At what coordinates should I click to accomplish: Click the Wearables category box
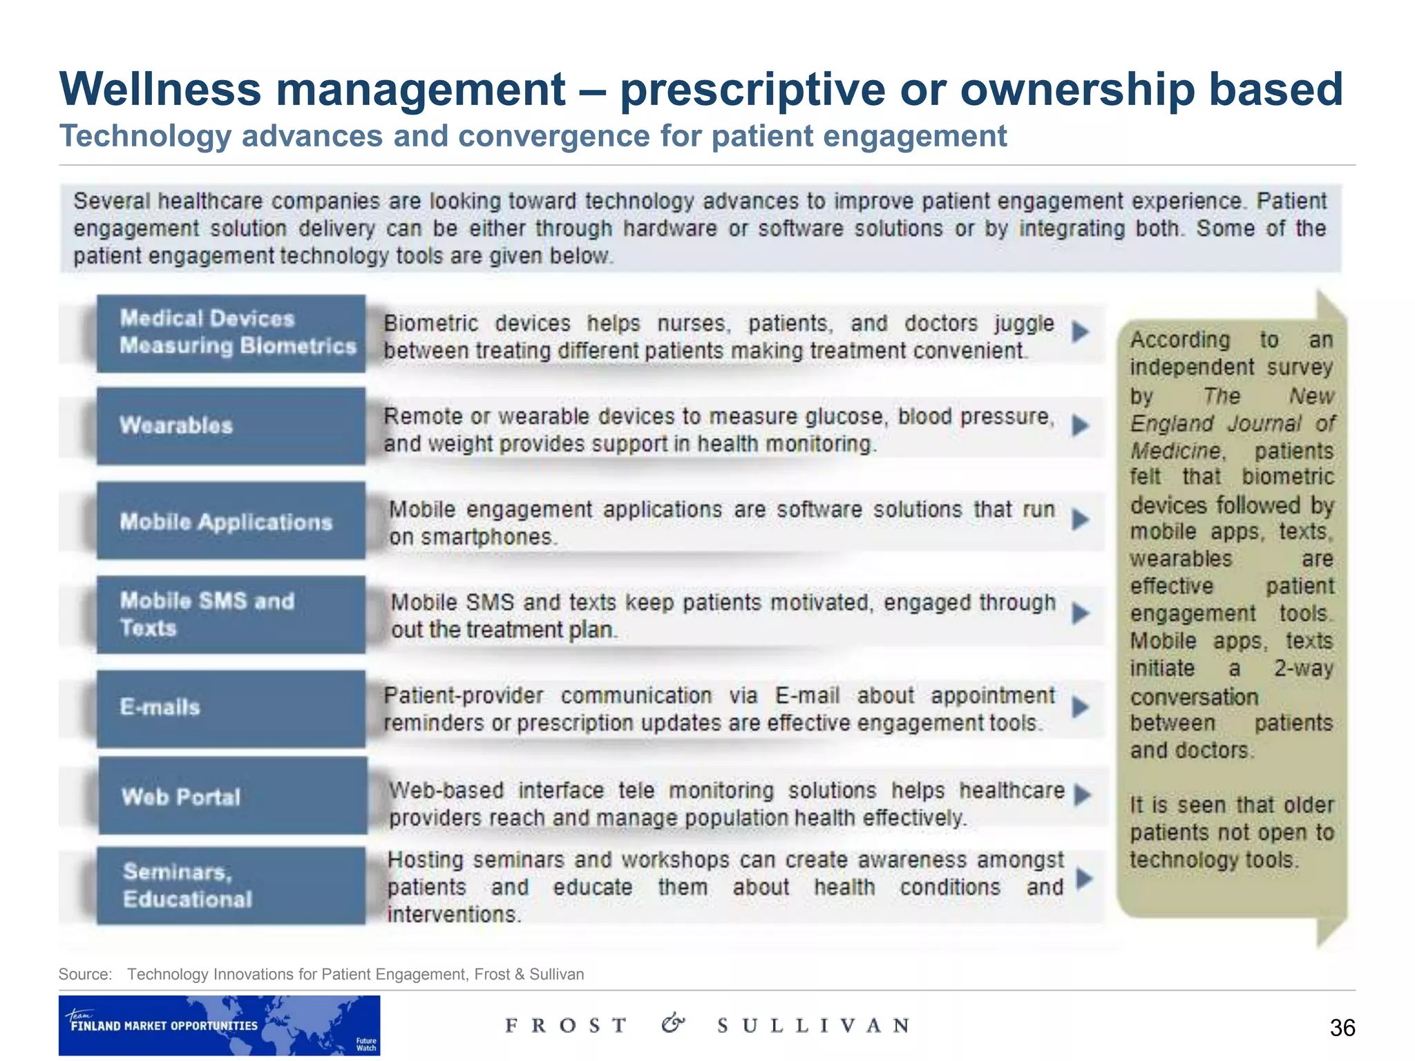coord(231,426)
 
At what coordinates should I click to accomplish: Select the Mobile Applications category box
coord(231,521)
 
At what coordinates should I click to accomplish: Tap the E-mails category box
coord(231,708)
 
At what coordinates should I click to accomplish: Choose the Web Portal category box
coord(232,796)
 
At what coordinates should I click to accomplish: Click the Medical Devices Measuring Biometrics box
coord(231,333)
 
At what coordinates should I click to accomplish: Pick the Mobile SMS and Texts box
coord(231,614)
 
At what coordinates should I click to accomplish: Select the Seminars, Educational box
coord(231,885)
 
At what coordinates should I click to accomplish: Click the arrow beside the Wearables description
coord(1081,426)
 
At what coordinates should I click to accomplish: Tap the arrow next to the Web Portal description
coord(1083,795)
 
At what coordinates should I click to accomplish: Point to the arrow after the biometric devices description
coord(1081,332)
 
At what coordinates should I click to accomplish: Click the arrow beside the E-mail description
coord(1081,707)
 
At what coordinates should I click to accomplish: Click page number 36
coord(1342,1028)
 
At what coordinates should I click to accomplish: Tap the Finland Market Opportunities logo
coord(219,1025)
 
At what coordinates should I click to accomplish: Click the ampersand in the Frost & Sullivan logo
coord(673,1023)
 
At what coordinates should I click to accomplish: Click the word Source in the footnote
coord(84,974)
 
